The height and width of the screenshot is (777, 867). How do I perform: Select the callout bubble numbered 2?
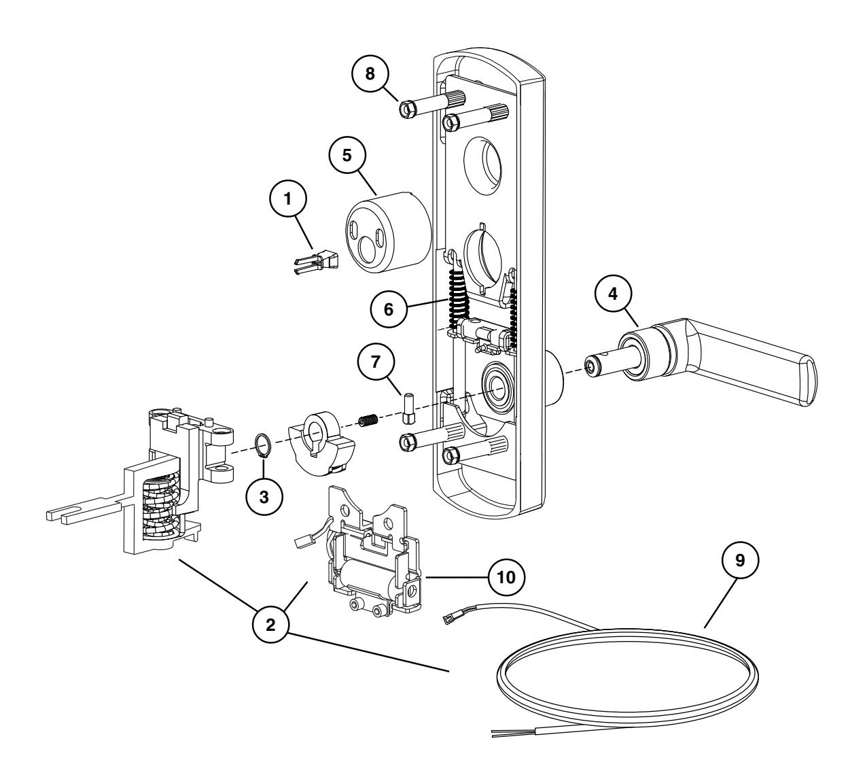(270, 625)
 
